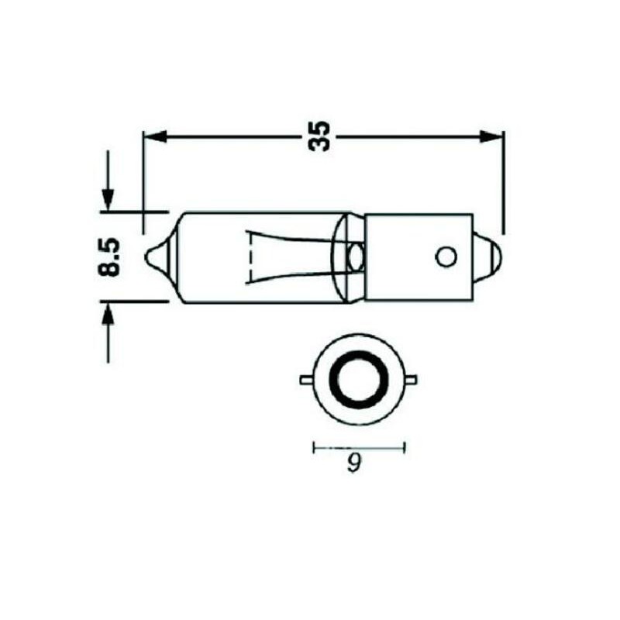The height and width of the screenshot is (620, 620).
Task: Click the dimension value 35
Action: pyautogui.click(x=319, y=136)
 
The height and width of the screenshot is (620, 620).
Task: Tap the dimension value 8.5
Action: pyautogui.click(x=109, y=257)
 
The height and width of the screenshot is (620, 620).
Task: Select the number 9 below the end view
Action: pyautogui.click(x=354, y=464)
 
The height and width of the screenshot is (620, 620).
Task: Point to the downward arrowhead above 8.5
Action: pyautogui.click(x=108, y=197)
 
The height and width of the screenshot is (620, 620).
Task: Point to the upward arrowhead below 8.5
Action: pyautogui.click(x=108, y=315)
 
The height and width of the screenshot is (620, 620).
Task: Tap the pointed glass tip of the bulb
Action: pyautogui.click(x=153, y=256)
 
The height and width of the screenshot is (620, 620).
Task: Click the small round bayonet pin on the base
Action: pyautogui.click(x=446, y=257)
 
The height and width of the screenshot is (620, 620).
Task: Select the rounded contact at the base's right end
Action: pyautogui.click(x=490, y=257)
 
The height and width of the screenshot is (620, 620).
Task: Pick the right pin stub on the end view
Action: pyautogui.click(x=412, y=380)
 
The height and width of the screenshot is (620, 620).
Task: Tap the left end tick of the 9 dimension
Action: pyautogui.click(x=313, y=446)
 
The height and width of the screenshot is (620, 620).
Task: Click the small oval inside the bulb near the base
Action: pyautogui.click(x=356, y=255)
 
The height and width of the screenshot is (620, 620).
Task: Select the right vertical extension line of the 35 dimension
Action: pyautogui.click(x=503, y=182)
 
